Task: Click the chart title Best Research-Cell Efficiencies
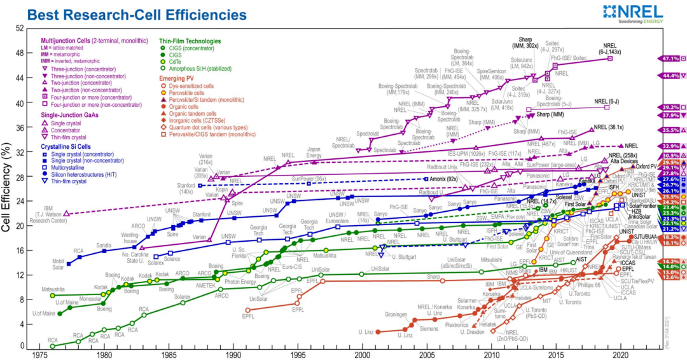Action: [x=129, y=14]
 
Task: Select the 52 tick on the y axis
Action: [x=20, y=29]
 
